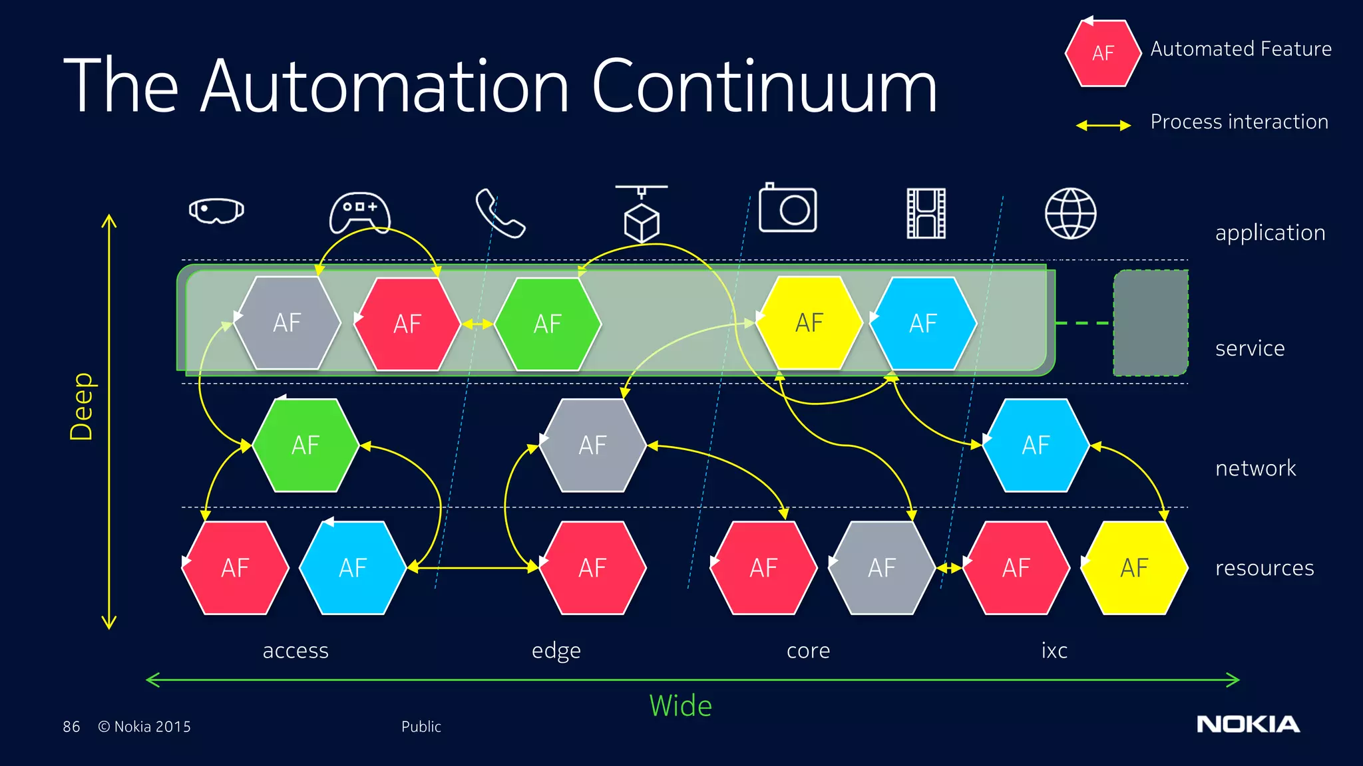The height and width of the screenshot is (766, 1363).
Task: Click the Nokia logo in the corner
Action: pos(1248,724)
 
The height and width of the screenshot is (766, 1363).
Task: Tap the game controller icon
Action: pos(360,212)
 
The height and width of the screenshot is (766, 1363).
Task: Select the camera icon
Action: pos(788,209)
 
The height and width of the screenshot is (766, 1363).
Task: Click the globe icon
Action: pos(1070,213)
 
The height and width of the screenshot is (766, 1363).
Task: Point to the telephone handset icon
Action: pos(500,213)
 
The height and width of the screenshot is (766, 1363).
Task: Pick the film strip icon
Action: pos(926,213)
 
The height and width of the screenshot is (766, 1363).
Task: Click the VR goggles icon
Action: pos(216,211)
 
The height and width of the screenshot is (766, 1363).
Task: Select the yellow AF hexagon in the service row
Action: pos(809,323)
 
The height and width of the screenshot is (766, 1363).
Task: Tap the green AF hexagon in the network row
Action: pos(305,445)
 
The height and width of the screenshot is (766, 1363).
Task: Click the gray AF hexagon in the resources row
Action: pos(882,568)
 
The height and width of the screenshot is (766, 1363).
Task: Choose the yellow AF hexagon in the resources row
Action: pos(1134,568)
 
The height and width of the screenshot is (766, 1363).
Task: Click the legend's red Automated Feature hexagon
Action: pos(1103,53)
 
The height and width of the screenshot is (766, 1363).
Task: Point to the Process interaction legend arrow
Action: pos(1103,125)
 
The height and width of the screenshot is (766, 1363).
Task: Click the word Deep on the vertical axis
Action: pos(82,406)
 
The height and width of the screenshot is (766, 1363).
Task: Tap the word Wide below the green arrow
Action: pos(680,705)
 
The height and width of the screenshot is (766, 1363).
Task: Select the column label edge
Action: pos(556,650)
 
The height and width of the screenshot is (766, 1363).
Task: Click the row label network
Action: pos(1255,468)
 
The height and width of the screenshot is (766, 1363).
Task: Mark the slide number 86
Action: pos(71,727)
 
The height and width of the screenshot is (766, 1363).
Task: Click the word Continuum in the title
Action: pos(764,86)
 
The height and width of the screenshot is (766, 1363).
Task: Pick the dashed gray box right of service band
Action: pos(1151,323)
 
